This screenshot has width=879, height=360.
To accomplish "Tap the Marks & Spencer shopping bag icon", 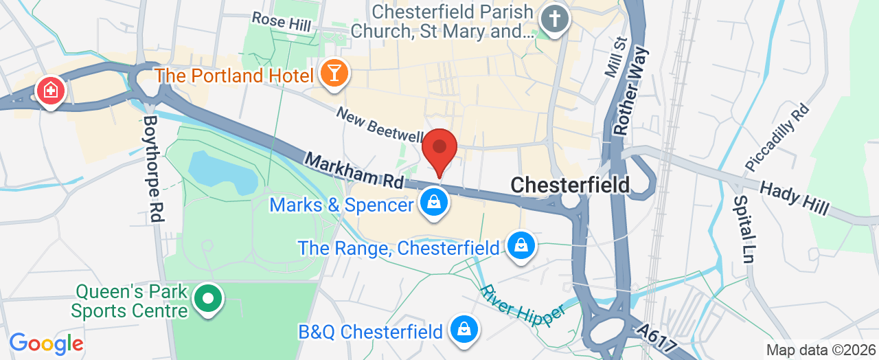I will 434,203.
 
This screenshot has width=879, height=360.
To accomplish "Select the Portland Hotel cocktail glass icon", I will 334,72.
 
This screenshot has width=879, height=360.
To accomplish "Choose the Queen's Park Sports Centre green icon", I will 208,300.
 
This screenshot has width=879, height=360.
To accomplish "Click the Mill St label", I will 613,56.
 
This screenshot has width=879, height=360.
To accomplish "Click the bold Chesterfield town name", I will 570,185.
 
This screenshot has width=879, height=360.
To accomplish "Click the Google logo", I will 46,343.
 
